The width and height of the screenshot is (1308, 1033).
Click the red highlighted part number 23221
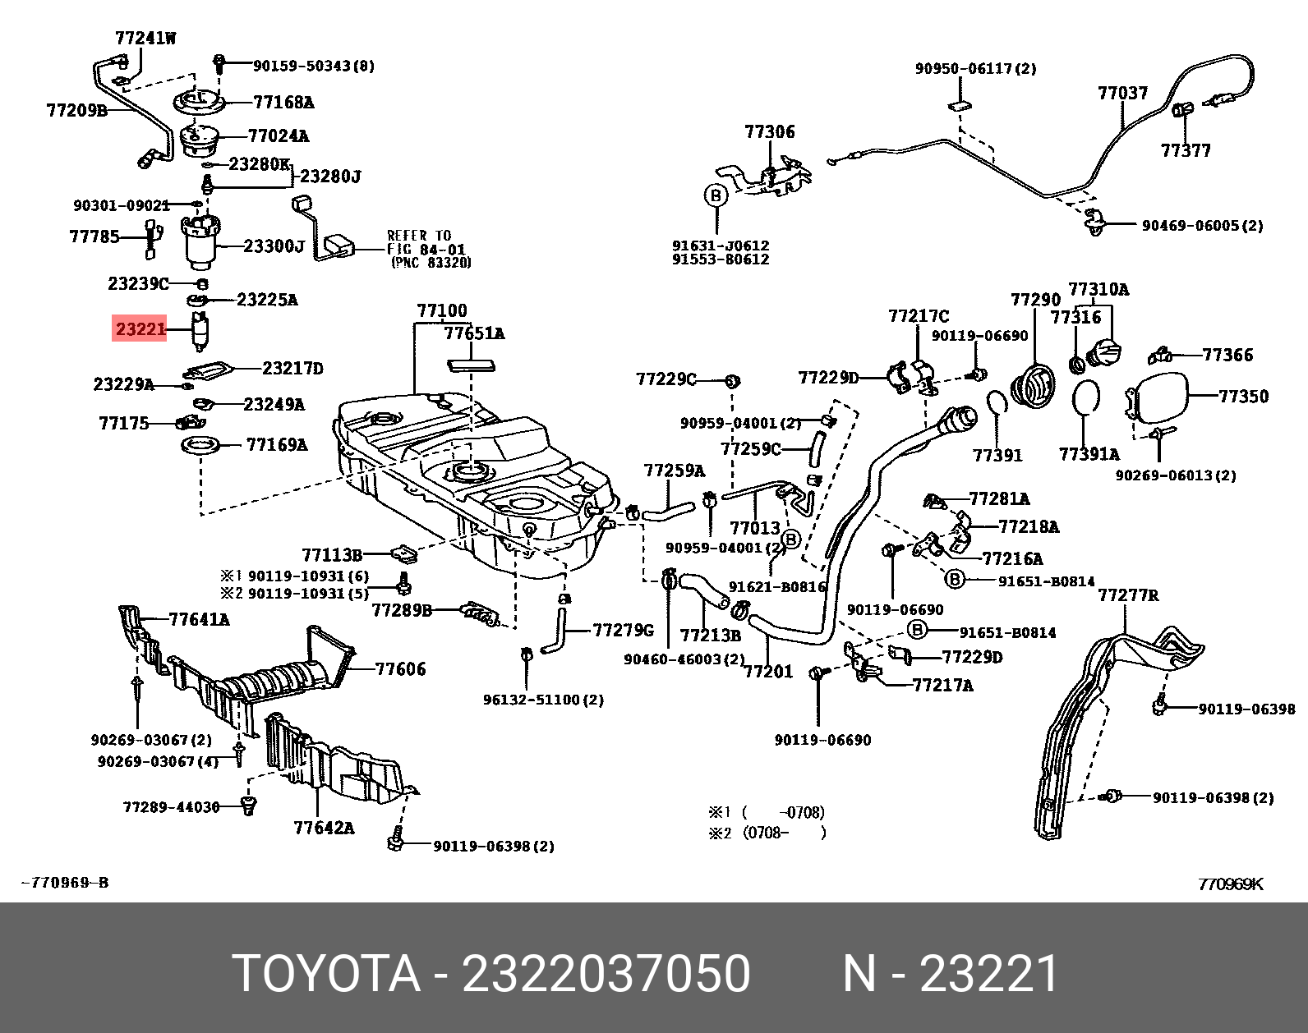(140, 329)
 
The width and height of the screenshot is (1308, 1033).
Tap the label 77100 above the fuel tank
(441, 310)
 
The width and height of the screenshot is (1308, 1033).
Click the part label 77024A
(278, 135)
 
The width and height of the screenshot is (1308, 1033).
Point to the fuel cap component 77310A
(1104, 353)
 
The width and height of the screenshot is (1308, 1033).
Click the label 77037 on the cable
(1122, 93)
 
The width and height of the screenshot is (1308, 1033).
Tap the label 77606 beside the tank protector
(400, 669)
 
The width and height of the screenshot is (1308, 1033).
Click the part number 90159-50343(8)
(313, 66)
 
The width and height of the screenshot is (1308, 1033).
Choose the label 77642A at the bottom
(324, 828)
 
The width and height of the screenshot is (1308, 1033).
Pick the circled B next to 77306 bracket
(716, 195)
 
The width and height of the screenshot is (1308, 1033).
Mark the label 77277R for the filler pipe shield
(1128, 595)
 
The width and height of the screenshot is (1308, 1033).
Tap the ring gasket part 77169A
(201, 445)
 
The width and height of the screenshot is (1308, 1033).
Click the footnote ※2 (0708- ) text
(767, 833)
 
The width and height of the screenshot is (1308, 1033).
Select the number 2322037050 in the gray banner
(606, 974)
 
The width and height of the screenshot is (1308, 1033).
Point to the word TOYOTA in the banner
(326, 974)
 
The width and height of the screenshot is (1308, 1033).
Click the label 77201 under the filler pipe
(768, 672)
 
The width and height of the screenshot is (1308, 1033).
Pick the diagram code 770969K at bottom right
(1230, 884)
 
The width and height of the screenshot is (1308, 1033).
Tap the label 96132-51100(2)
(543, 700)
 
